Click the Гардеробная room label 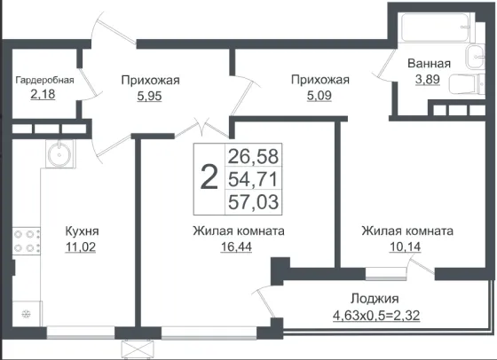[44, 80]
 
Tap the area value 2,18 [43, 94]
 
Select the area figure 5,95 [149, 96]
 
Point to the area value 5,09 [319, 95]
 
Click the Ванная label [429, 63]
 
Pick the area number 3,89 [428, 79]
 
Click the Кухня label [82, 231]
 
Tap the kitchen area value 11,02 [81, 247]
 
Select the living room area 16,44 [236, 247]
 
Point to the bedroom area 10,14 [405, 247]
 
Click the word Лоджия [375, 299]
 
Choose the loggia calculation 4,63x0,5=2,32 [376, 316]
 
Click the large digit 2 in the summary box [209, 177]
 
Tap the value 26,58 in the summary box [253, 156]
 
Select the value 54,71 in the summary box [253, 179]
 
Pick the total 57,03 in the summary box [253, 202]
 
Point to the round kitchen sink [59, 154]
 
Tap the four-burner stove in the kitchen [27, 240]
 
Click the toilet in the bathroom [467, 84]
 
